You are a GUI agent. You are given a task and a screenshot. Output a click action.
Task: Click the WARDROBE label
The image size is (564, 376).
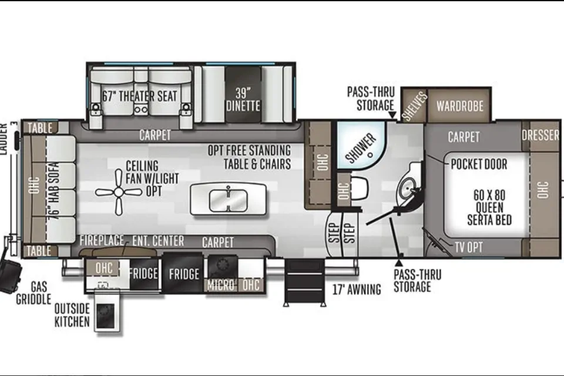[x=459, y=106]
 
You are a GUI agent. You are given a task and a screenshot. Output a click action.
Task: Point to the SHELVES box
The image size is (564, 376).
[x=414, y=105]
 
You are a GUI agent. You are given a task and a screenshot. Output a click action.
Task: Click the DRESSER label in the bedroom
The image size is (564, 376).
[x=540, y=135]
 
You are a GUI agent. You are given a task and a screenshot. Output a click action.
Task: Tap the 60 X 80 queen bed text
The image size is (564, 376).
[x=489, y=207]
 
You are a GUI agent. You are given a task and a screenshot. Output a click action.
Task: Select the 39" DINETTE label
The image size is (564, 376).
[x=243, y=100]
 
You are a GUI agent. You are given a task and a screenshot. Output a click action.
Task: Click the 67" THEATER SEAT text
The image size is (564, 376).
[x=140, y=96]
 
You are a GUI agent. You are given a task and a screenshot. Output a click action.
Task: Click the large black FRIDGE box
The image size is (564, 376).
[x=183, y=273]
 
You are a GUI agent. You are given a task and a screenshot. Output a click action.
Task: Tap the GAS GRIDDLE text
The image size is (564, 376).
[x=33, y=293]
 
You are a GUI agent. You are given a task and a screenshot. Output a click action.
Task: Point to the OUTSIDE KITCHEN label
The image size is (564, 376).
[x=72, y=315]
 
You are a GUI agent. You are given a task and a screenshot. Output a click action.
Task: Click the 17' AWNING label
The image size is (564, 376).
[x=357, y=289]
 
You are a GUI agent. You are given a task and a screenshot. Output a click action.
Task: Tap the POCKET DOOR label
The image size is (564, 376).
[x=479, y=164]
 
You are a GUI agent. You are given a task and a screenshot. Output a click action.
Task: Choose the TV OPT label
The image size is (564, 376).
[x=468, y=247]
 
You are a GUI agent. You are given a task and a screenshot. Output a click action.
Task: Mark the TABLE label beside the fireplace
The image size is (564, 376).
[x=39, y=251]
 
